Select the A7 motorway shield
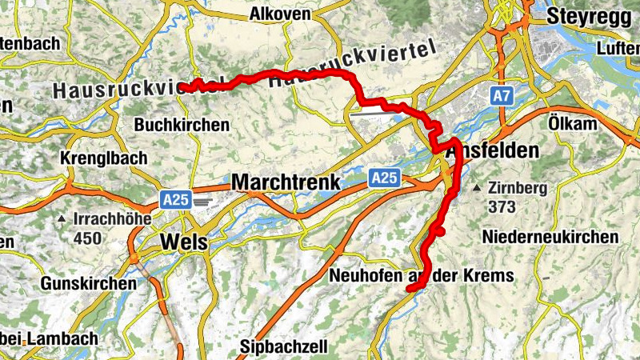[x=502, y=97]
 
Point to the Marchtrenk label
[x=286, y=182]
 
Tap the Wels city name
[x=184, y=242]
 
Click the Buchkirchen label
[x=182, y=126]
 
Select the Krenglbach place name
[x=104, y=158]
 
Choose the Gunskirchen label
[x=88, y=284]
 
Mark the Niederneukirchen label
[x=550, y=237]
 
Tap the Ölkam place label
[x=574, y=125]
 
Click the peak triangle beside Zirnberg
[x=477, y=189]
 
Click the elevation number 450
[x=87, y=238]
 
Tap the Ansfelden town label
[x=493, y=151]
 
